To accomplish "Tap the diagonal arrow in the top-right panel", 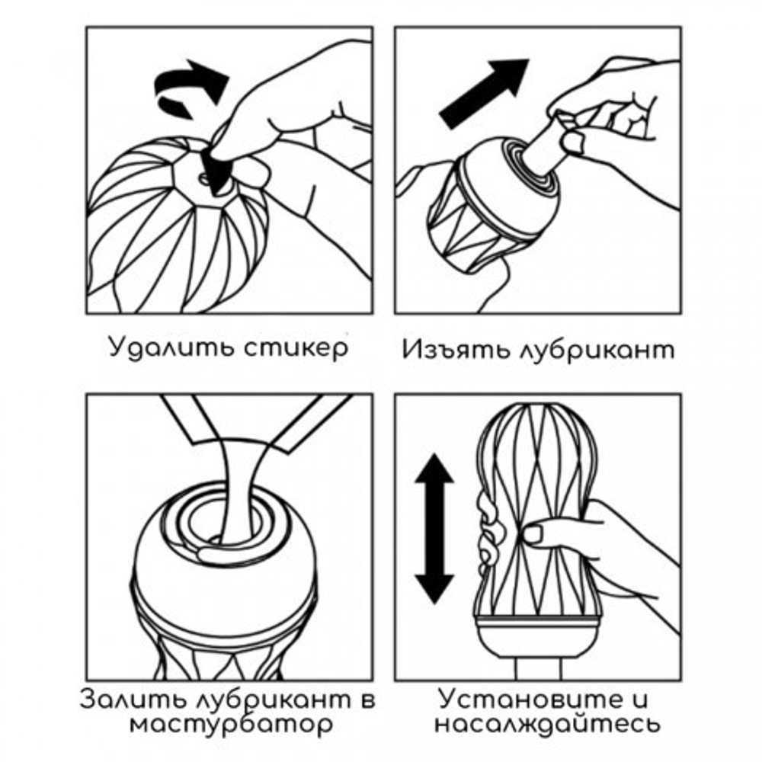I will tap(485, 93).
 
